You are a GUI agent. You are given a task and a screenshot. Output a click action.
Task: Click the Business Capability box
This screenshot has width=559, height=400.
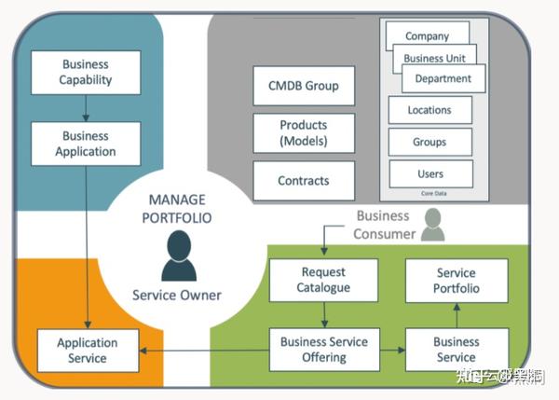point(86,73)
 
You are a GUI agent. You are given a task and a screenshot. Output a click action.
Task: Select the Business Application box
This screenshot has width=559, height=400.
point(86,144)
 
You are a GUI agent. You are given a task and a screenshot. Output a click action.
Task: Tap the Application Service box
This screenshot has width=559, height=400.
point(87,350)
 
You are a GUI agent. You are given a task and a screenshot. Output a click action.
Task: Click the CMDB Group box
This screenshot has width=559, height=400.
point(304,86)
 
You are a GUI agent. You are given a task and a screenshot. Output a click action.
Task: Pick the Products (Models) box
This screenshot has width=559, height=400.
point(304,132)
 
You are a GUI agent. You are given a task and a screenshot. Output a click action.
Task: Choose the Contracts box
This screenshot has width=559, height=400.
point(304,181)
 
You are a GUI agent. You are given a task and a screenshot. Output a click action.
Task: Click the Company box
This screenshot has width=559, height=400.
point(427,36)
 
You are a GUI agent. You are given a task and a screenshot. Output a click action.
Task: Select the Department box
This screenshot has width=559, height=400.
point(443,78)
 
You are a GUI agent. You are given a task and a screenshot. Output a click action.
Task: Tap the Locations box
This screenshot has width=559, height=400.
point(429,110)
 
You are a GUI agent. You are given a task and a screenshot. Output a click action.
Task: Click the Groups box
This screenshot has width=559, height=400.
point(429,142)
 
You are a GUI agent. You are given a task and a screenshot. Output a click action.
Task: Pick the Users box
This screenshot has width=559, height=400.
point(429,173)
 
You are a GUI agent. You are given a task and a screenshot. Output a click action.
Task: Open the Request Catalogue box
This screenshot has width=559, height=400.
point(323,280)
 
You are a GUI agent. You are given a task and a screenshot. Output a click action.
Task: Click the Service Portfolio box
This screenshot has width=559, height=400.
point(457,281)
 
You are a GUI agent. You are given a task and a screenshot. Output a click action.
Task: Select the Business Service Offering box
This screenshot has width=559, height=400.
point(324,350)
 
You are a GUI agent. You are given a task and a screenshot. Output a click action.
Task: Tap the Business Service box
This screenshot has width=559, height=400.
point(457,350)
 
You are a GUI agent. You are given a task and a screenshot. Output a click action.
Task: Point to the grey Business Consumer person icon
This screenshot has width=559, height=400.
point(431,225)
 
